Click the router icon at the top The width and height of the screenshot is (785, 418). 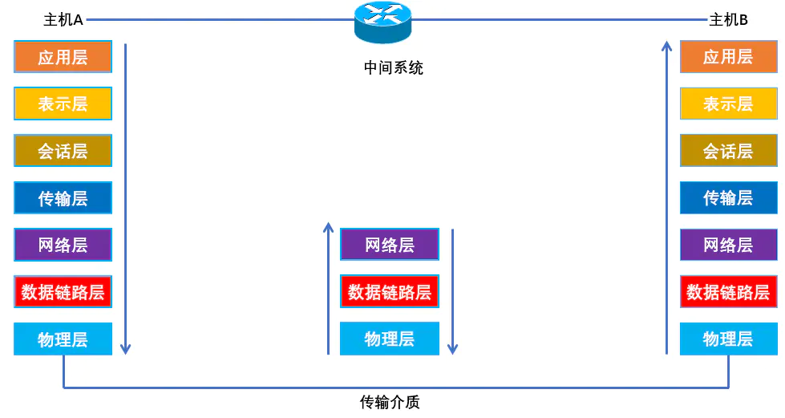(x=382, y=22)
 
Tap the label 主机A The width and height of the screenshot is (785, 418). (x=63, y=20)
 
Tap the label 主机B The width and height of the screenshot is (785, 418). (x=728, y=20)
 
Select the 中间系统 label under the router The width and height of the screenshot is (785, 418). (x=393, y=68)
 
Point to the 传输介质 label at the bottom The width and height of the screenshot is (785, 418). (x=390, y=402)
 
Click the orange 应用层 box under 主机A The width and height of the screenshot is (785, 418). (x=63, y=57)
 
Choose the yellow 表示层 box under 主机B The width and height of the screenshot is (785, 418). (x=728, y=103)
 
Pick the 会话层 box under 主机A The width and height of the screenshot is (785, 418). (x=63, y=150)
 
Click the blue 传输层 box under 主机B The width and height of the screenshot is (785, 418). (x=728, y=197)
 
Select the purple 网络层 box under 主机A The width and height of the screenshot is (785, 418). (x=63, y=245)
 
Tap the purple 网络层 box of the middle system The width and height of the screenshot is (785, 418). (x=390, y=245)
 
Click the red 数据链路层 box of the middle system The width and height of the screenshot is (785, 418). (x=390, y=291)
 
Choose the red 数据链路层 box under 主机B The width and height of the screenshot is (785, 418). (x=728, y=291)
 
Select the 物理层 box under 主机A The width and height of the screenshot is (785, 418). (x=63, y=339)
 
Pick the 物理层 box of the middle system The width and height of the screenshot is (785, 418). (x=390, y=339)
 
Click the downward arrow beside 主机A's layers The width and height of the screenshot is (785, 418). (x=125, y=201)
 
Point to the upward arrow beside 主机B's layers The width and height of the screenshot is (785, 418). (x=666, y=201)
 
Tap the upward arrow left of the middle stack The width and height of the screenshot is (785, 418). (x=328, y=289)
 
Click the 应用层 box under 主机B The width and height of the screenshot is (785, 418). (x=728, y=57)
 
